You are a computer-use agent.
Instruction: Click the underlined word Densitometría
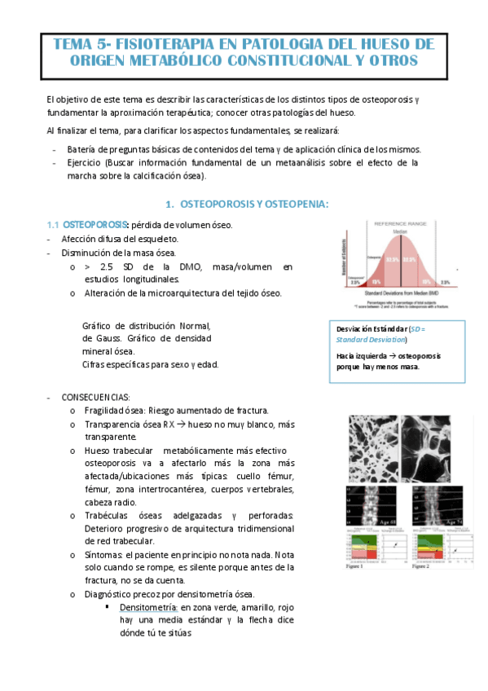tap(147, 608)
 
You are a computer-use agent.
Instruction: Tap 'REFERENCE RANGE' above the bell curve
tap(398, 222)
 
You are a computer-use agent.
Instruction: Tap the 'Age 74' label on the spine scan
tap(451, 519)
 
